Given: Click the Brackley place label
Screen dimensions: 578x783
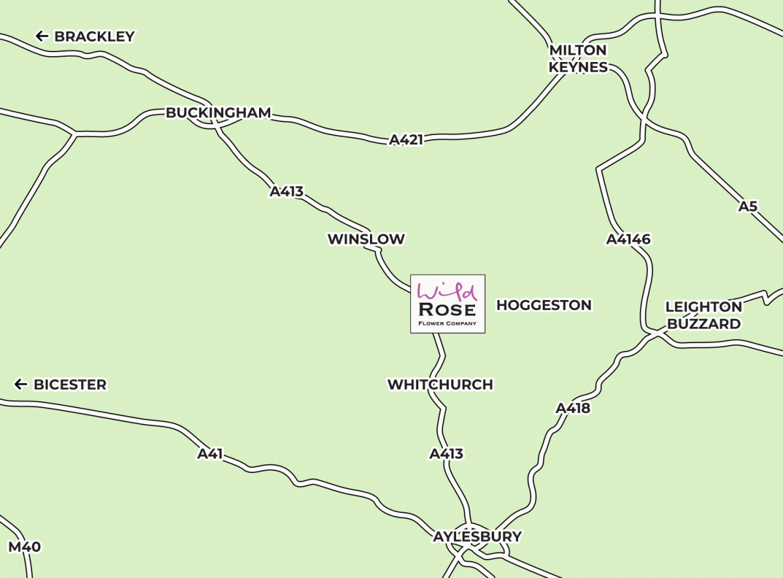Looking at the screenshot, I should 94,37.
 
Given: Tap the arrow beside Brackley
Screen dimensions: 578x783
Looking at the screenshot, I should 42,36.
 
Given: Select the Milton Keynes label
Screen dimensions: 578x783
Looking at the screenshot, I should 578,59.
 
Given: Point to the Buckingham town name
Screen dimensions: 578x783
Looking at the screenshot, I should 218,113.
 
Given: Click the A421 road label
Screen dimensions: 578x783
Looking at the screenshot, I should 406,140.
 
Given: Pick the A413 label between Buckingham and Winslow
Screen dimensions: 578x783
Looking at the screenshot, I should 287,192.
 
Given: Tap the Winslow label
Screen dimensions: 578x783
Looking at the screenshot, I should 366,239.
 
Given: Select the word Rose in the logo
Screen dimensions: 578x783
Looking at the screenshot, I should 448,309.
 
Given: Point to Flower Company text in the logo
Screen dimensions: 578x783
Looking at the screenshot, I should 448,323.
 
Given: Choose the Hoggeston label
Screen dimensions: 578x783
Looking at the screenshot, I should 544,305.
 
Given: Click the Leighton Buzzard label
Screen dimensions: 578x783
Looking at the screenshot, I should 703,315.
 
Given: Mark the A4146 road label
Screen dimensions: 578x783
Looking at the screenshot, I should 628,239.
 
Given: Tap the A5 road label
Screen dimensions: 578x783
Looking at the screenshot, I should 748,207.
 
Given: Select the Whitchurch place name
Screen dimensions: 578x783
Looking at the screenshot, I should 440,385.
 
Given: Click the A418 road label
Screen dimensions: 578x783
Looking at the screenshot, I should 573,408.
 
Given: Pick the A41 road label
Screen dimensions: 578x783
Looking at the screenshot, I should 210,454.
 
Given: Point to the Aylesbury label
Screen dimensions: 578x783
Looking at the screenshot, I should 478,537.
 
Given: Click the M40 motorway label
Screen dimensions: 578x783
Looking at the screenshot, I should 25,547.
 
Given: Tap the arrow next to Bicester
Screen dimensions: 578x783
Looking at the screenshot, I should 21,385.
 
